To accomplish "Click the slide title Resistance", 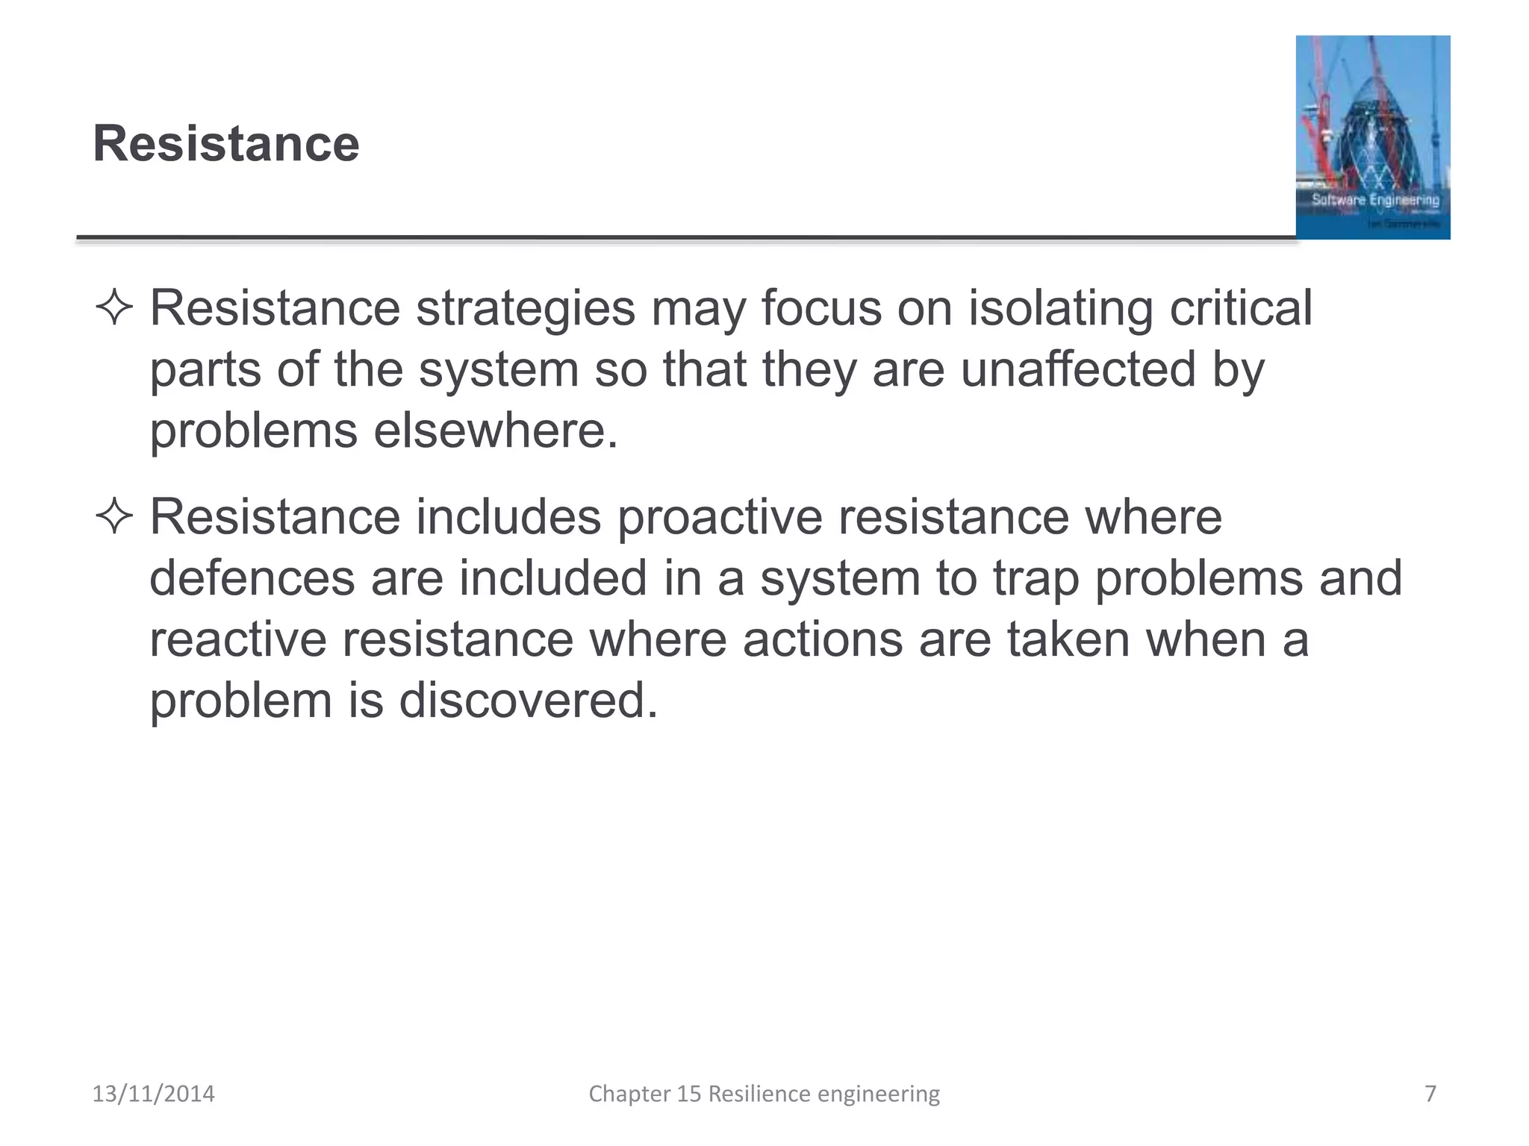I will click(225, 143).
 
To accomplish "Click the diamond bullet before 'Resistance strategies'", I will click(114, 308).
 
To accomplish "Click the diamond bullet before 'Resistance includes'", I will click(114, 516).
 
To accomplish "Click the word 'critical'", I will click(1240, 308).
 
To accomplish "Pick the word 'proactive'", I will click(720, 518).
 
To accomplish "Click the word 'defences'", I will click(252, 578).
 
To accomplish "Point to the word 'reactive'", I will click(238, 640).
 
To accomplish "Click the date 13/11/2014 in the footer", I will click(153, 1094).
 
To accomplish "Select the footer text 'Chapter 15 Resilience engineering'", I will click(764, 1094).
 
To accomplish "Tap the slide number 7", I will click(1430, 1094).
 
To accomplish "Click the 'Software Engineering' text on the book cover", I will click(1375, 200).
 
